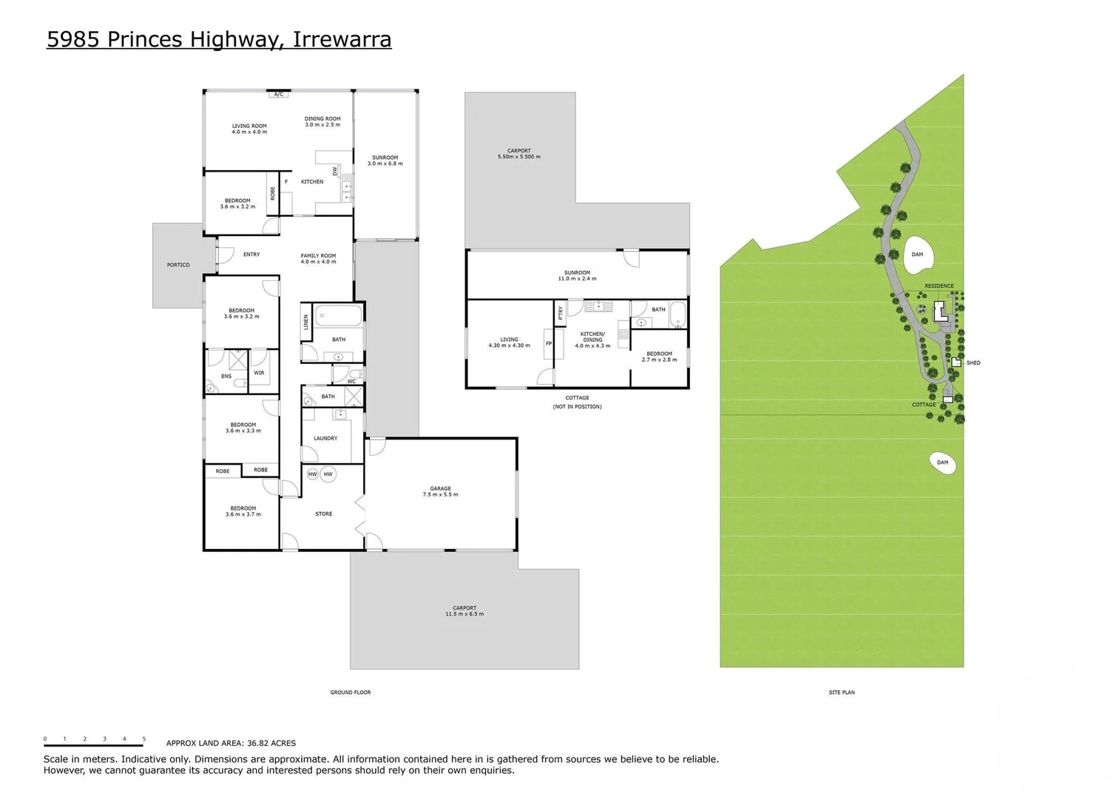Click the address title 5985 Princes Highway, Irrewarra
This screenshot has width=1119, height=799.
219,39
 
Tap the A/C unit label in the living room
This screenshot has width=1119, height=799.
278,95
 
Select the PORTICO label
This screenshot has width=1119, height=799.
178,265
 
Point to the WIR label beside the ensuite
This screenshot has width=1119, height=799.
259,373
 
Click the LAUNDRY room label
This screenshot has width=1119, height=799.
325,438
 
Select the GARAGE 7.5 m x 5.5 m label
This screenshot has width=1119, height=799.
440,491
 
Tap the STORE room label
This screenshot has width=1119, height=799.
323,513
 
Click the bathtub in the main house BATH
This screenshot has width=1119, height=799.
339,317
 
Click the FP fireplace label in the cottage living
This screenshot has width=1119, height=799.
549,343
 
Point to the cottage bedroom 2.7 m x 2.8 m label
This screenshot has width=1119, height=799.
659,357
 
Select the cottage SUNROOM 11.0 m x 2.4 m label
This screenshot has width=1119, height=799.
577,275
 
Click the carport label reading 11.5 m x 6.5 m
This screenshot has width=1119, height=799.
464,611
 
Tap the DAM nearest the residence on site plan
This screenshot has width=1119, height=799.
917,254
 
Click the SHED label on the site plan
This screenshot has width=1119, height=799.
973,363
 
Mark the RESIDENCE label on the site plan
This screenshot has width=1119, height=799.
939,286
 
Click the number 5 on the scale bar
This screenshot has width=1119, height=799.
144,739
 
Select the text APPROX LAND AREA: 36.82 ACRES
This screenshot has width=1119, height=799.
231,744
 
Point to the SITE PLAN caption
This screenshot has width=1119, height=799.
842,692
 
